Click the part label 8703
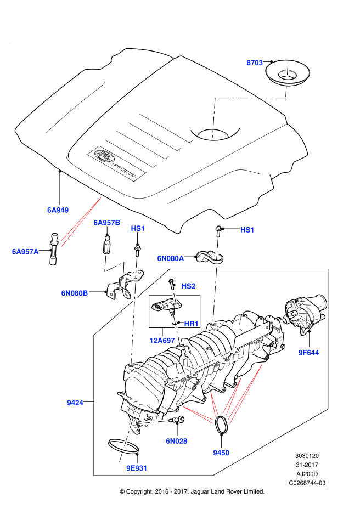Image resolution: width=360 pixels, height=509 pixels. click(x=255, y=63)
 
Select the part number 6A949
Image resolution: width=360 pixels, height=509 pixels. click(x=58, y=210)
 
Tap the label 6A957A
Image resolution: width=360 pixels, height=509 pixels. click(x=25, y=252)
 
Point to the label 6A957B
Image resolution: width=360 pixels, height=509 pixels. click(x=106, y=223)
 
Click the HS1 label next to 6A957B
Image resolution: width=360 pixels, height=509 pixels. click(x=138, y=229)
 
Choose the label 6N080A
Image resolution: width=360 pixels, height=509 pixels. click(x=171, y=258)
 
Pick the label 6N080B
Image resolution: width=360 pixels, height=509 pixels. click(x=75, y=293)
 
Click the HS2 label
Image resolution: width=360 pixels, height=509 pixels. click(x=188, y=286)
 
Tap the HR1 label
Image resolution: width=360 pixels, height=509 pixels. click(x=191, y=324)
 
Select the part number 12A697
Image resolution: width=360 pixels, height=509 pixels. click(x=162, y=341)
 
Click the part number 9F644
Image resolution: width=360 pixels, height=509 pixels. click(x=308, y=353)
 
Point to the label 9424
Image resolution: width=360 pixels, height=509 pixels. click(x=75, y=403)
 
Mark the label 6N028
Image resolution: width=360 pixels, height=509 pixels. click(x=176, y=441)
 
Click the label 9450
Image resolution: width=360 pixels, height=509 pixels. click(x=221, y=453)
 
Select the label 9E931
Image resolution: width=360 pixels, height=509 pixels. click(x=137, y=468)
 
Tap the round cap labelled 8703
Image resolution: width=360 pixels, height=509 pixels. click(x=288, y=73)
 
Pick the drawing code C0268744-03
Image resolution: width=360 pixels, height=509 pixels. click(x=307, y=483)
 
